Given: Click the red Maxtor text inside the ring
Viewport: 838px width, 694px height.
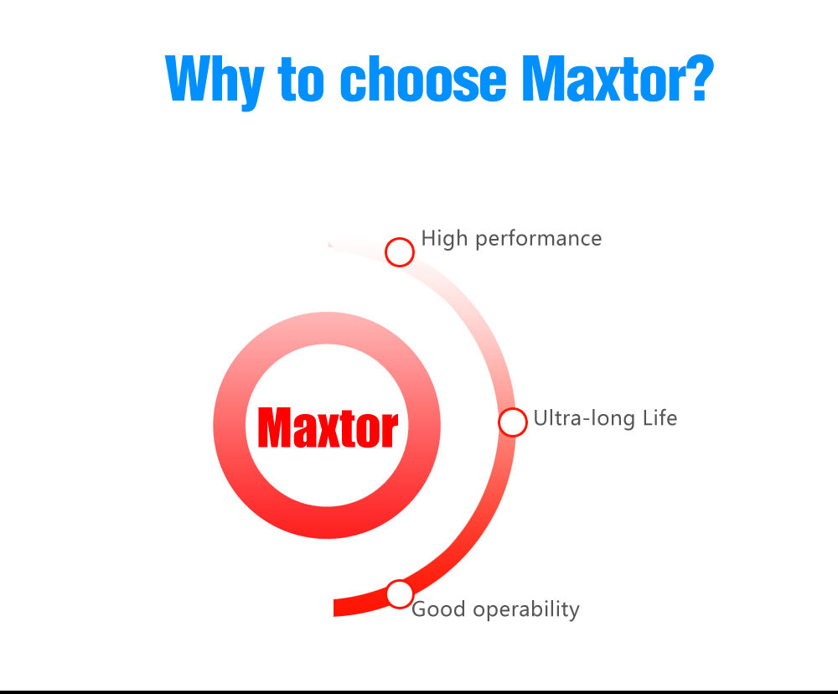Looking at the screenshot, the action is pyautogui.click(x=328, y=427).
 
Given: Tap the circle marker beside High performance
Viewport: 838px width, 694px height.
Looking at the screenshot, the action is pyautogui.click(x=399, y=251).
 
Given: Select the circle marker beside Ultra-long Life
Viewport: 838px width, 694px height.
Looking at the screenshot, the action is pyautogui.click(x=513, y=422).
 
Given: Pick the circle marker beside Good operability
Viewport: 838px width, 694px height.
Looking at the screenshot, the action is pyautogui.click(x=399, y=594).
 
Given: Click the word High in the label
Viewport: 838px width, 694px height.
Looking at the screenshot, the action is pyautogui.click(x=444, y=239).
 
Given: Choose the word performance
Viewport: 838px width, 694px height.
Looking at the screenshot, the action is pyautogui.click(x=538, y=240).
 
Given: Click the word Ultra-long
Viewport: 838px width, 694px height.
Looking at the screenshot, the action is pyautogui.click(x=584, y=418).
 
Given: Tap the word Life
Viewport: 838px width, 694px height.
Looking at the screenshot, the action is pyautogui.click(x=660, y=417).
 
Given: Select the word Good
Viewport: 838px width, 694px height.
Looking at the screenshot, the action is pyautogui.click(x=438, y=609).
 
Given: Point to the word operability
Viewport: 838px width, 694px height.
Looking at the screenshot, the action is pyautogui.click(x=526, y=610).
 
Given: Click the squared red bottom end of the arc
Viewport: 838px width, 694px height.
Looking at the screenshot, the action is pyautogui.click(x=334, y=608).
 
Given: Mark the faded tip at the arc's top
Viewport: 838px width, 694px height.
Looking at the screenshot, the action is pyautogui.click(x=329, y=244).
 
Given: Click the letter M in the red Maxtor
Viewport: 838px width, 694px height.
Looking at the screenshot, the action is pyautogui.click(x=275, y=427).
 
